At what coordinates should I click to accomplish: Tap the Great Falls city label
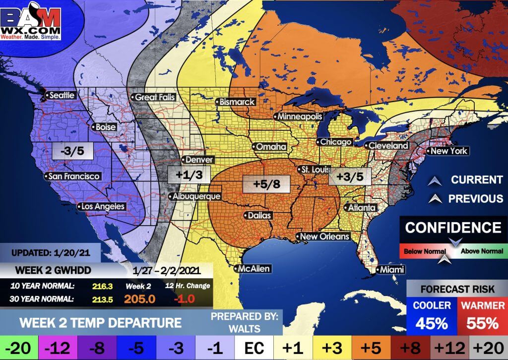pyautogui.click(x=154, y=97)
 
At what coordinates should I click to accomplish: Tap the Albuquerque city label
pyautogui.click(x=194, y=197)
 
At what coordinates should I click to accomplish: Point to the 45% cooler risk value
pyautogui.click(x=431, y=323)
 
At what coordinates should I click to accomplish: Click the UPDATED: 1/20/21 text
pyautogui.click(x=51, y=252)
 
